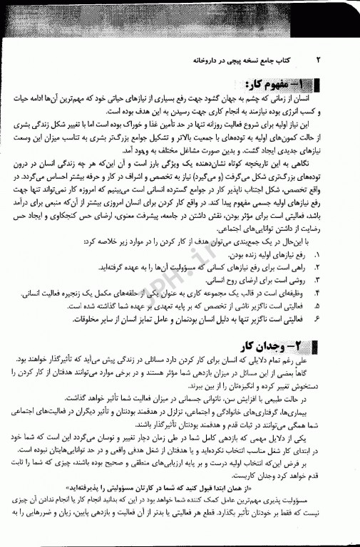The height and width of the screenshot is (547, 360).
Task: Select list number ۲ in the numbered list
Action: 317,266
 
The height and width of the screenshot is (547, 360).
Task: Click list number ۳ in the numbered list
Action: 317,279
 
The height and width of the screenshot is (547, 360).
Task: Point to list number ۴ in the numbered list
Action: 317,292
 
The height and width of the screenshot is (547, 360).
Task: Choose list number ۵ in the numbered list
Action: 317,305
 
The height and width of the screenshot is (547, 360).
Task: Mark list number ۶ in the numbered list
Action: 317,318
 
